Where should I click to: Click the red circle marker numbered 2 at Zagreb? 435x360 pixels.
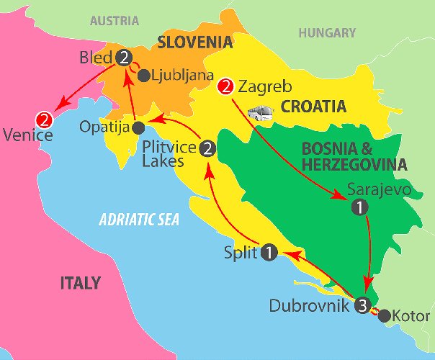pyautogui.click(x=225, y=89)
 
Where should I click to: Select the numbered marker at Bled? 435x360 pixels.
pyautogui.click(x=125, y=57)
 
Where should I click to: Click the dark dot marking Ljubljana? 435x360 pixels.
pyautogui.click(x=143, y=73)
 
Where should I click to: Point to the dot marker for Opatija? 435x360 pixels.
pyautogui.click(x=138, y=127)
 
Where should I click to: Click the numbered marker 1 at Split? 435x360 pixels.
pyautogui.click(x=269, y=253)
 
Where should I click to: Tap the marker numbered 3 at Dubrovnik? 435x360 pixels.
pyautogui.click(x=362, y=305)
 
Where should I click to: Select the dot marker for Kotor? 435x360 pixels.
pyautogui.click(x=384, y=315)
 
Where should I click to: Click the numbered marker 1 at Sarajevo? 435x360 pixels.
pyautogui.click(x=358, y=207)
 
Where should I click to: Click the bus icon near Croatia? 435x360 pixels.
pyautogui.click(x=261, y=114)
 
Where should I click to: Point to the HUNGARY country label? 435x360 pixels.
pyautogui.click(x=328, y=32)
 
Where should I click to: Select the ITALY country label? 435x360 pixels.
pyautogui.click(x=80, y=283)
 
